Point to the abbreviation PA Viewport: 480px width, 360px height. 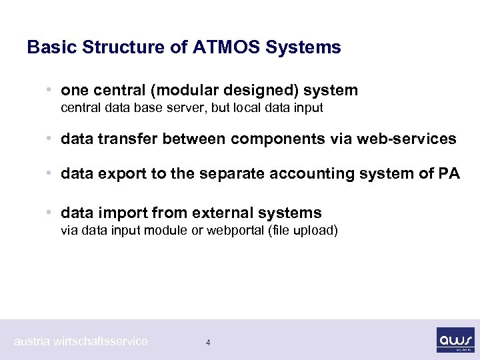coord(449,174)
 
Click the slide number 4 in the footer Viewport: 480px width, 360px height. coord(208,343)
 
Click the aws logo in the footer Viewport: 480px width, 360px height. coord(455,339)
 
